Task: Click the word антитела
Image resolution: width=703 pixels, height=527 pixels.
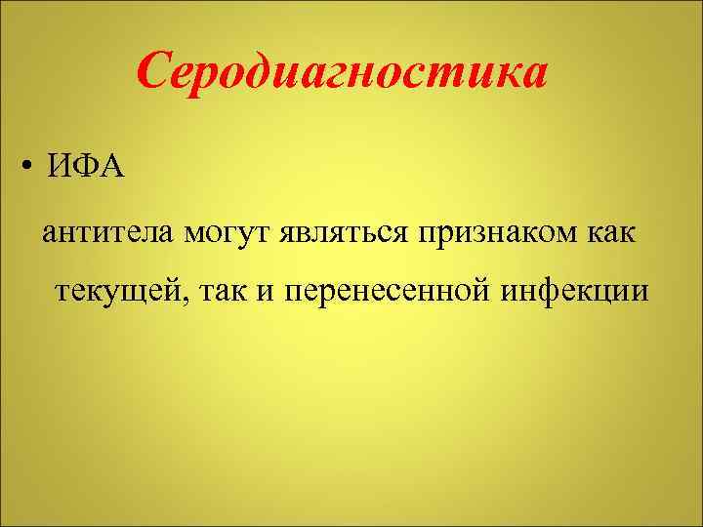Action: coord(108,235)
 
